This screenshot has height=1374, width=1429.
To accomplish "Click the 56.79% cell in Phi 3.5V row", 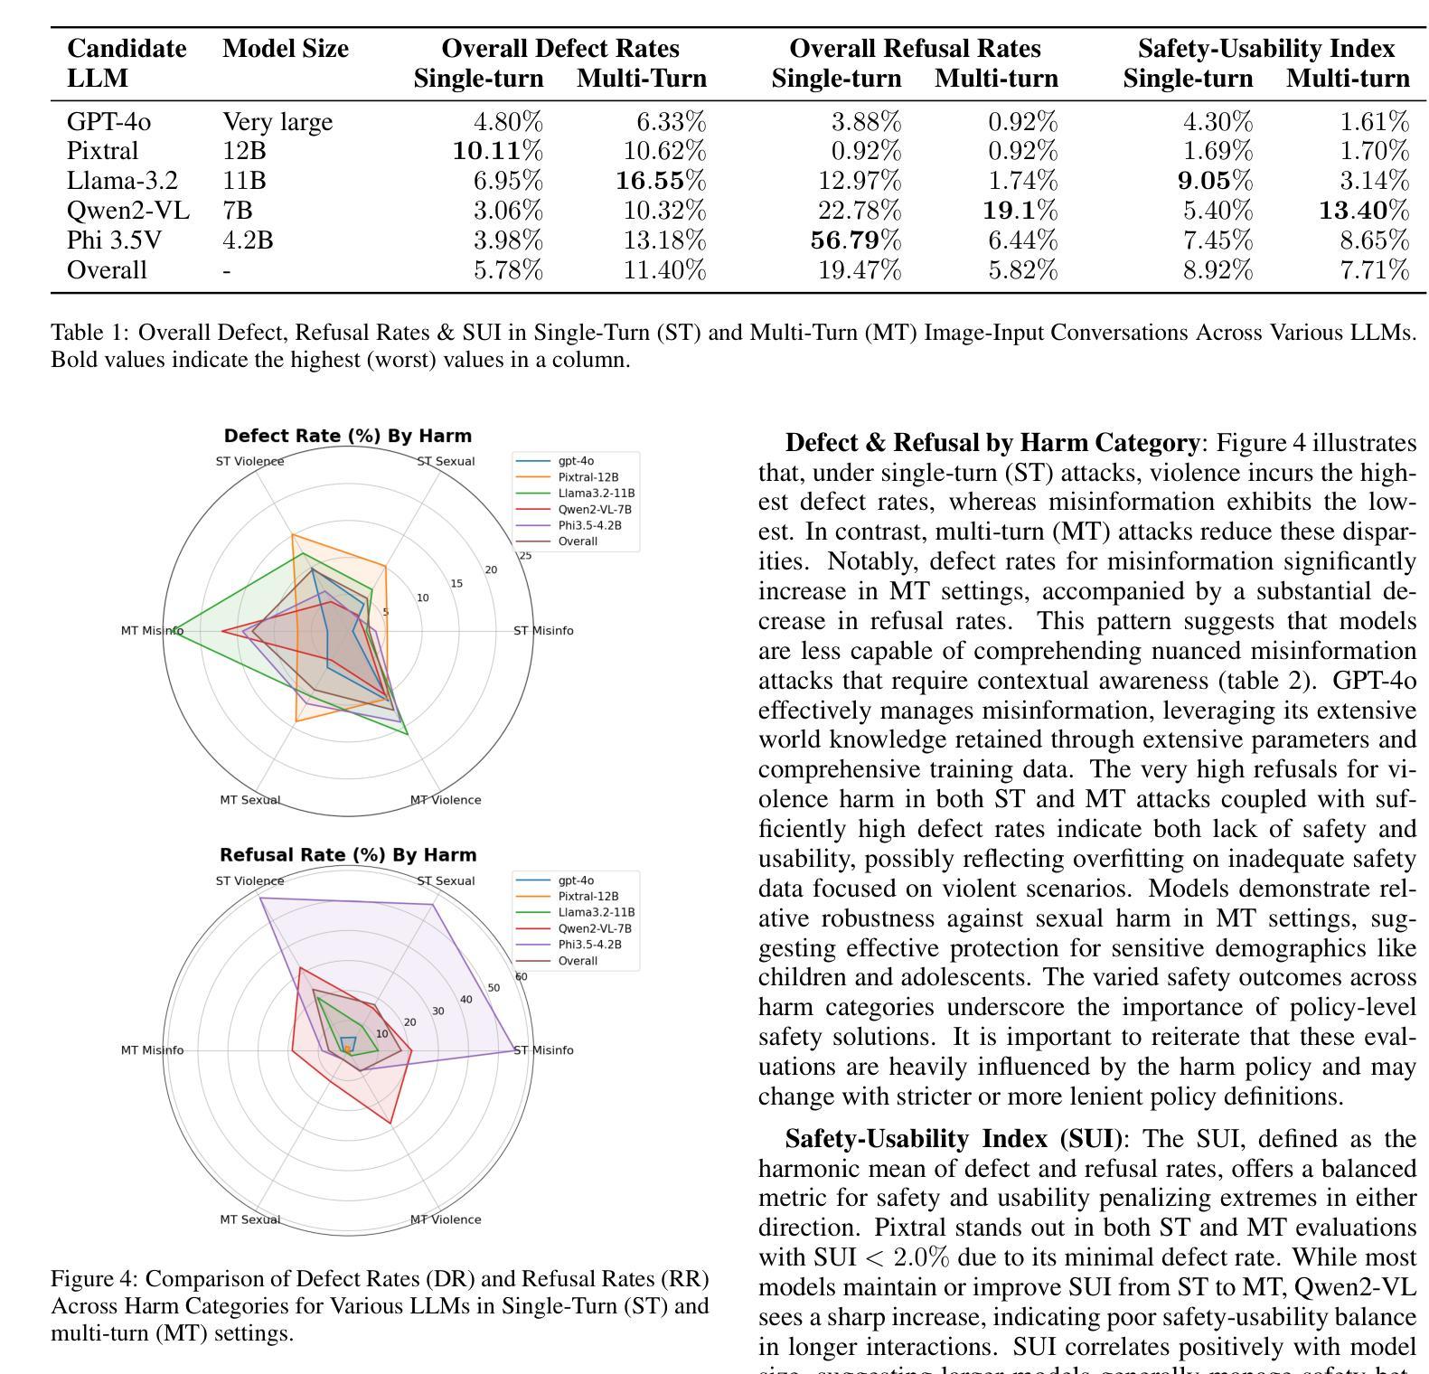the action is click(859, 240).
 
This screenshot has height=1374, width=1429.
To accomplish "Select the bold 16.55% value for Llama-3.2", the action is click(661, 181).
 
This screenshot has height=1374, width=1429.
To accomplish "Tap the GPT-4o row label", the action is click(109, 122).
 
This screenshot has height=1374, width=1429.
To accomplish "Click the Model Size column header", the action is click(286, 49).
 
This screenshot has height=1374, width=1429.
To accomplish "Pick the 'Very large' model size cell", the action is click(277, 122).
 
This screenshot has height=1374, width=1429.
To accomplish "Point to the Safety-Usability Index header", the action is click(1266, 49).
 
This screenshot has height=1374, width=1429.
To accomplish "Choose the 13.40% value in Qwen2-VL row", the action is click(1364, 211).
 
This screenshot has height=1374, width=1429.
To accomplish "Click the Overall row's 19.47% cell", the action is click(860, 270).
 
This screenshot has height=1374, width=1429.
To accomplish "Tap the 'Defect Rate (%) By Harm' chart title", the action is click(348, 436).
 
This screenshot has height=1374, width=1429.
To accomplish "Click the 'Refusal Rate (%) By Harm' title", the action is click(348, 855).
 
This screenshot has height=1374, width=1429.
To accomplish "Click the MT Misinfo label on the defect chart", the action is click(152, 631).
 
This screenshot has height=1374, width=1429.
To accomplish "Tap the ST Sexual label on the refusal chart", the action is click(446, 881).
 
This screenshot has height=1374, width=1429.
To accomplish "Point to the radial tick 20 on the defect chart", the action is click(491, 569).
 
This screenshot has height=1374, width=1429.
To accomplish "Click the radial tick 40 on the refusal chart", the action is click(466, 1000).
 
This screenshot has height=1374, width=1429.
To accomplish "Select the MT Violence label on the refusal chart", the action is click(446, 1219).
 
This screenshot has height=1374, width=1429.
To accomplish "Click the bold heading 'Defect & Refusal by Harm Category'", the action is click(992, 444).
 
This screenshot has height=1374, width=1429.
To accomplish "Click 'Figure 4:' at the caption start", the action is click(95, 1280).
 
